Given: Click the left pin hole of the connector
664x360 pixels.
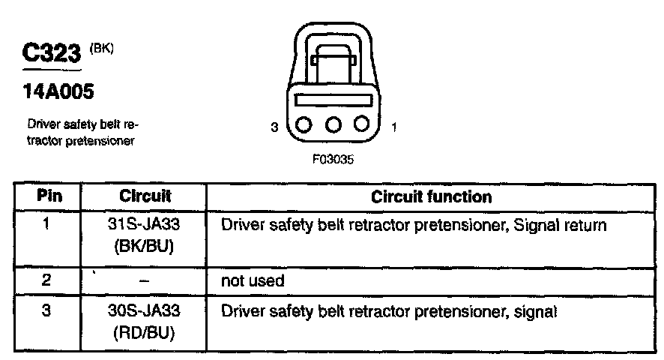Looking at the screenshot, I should tap(305, 124).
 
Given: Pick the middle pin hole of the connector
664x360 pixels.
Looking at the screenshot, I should tap(333, 124).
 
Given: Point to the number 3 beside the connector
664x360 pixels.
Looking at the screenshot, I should tap(275, 127).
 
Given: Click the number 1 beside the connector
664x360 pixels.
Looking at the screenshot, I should tap(393, 127).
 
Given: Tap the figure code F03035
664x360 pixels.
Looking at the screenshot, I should tap(333, 159).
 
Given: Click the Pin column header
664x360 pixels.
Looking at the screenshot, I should tap(49, 196).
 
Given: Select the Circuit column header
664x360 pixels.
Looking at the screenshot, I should tap(145, 196).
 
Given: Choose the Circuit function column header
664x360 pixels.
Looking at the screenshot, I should tap(432, 196).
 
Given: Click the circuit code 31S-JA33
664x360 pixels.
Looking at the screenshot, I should tap(145, 225).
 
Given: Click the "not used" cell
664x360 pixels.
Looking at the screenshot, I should tap(253, 281).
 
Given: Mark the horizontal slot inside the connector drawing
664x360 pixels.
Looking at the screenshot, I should tap(333, 99).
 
